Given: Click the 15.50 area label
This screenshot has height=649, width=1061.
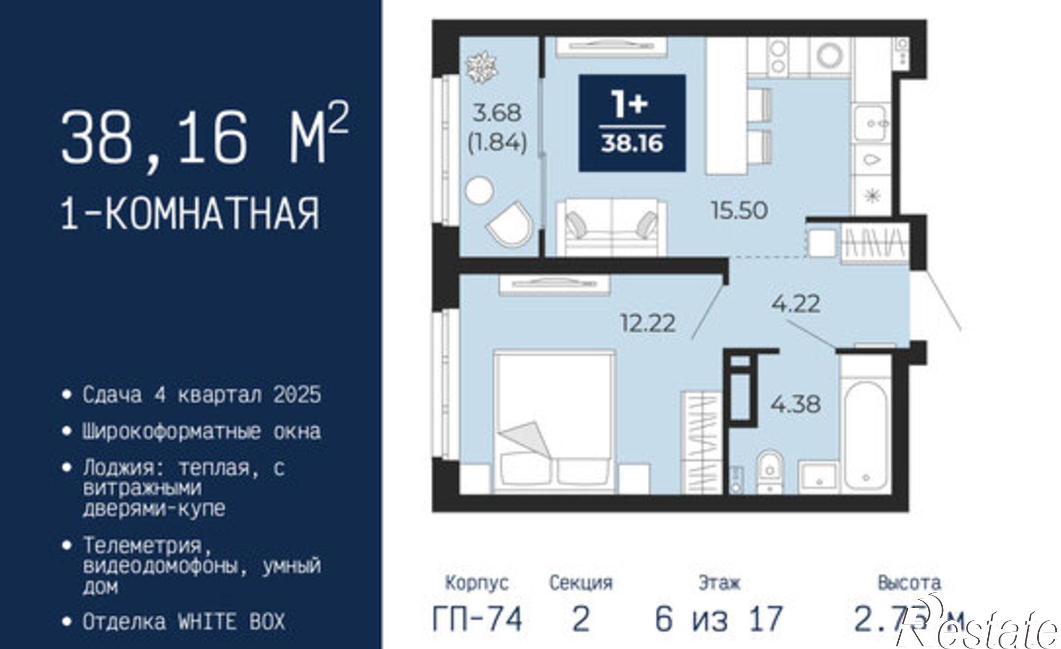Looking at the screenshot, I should [739, 211].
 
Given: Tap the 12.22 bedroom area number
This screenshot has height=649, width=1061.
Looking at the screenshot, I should [648, 323].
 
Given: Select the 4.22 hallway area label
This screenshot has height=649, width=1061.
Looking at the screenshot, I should [796, 304].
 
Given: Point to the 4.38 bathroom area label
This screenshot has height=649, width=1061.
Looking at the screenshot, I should [796, 404].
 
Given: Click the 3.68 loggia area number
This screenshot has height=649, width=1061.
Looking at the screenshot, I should [497, 113].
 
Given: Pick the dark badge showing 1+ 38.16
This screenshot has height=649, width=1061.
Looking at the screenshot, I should [632, 123].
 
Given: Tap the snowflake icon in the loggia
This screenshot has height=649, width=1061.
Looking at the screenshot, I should [481, 67].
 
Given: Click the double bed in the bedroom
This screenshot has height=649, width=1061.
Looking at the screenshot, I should [554, 419].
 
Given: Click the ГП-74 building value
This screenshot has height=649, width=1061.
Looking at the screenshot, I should [477, 619].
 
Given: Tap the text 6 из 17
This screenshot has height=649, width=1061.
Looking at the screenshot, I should [719, 619].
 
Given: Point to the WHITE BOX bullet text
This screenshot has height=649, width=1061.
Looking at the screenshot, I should [184, 621].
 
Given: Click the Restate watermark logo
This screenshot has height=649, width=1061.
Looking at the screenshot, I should [981, 629].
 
